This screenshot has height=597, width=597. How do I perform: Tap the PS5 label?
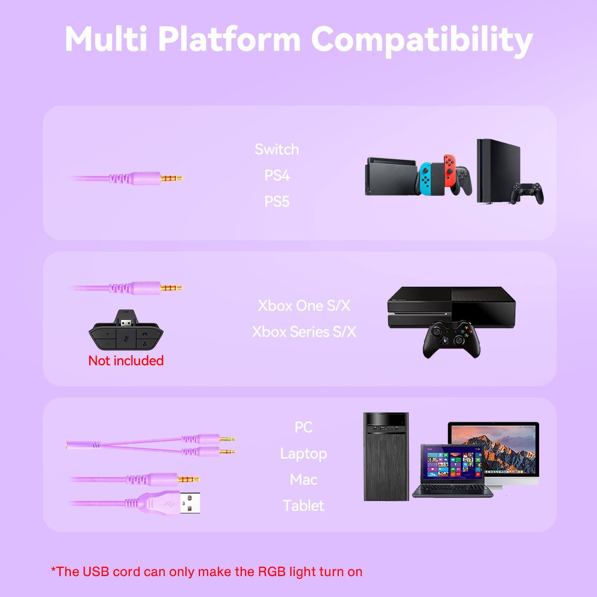tap(277, 202)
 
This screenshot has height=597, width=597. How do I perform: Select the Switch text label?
tap(277, 150)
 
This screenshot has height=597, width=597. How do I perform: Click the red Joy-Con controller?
tap(449, 170)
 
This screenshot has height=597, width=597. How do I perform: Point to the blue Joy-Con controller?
tap(425, 178)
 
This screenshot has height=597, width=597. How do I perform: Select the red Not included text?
tap(126, 361)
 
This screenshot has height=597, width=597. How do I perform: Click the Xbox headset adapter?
tap(126, 330)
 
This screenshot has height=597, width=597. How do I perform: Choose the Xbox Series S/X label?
tap(304, 332)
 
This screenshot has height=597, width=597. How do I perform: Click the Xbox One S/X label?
tap(304, 306)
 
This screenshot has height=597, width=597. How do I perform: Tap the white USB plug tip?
tap(190, 503)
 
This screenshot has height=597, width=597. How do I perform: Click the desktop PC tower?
tap(386, 457)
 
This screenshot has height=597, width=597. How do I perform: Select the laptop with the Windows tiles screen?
tap(452, 471)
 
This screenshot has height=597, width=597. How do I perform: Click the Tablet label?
tap(303, 506)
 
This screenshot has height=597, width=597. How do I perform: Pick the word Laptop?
tap(303, 454)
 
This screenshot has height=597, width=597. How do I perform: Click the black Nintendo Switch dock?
tap(390, 177)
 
